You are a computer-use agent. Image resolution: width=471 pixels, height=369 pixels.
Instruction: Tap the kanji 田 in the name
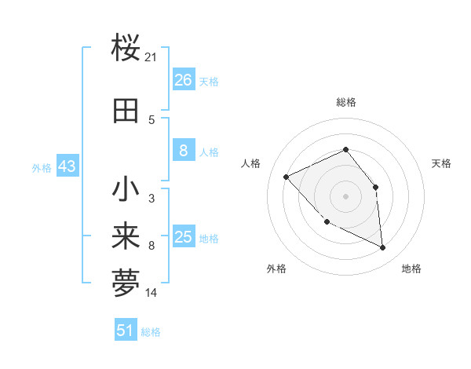click(x=126, y=110)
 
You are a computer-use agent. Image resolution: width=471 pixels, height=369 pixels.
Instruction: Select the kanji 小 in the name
click(x=126, y=189)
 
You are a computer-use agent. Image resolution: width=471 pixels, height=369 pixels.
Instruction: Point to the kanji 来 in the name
click(x=126, y=238)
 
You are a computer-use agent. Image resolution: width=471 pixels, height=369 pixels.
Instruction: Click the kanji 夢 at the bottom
click(x=126, y=284)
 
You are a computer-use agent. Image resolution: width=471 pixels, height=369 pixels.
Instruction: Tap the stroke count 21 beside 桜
click(x=152, y=57)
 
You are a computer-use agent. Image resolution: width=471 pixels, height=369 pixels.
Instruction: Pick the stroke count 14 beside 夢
click(x=152, y=294)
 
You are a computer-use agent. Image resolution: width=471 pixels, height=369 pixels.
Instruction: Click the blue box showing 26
click(x=183, y=80)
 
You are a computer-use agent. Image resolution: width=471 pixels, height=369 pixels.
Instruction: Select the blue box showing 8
click(x=183, y=152)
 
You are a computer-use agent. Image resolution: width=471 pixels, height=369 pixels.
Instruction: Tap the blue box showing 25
click(x=183, y=237)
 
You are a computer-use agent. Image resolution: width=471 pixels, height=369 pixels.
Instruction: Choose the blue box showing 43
click(x=67, y=167)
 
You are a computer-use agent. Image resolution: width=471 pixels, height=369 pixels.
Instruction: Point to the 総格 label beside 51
click(x=151, y=332)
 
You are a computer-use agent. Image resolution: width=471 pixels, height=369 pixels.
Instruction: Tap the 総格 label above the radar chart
click(x=346, y=102)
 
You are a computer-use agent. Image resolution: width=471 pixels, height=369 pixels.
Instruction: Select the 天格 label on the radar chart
click(x=442, y=163)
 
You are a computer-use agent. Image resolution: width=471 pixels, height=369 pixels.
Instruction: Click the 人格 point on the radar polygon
click(x=287, y=177)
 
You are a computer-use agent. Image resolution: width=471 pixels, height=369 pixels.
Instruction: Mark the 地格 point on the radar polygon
click(x=383, y=247)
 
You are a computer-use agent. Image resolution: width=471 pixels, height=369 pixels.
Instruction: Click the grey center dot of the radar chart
click(x=345, y=195)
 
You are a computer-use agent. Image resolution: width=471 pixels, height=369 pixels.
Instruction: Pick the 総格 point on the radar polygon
click(x=345, y=149)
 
